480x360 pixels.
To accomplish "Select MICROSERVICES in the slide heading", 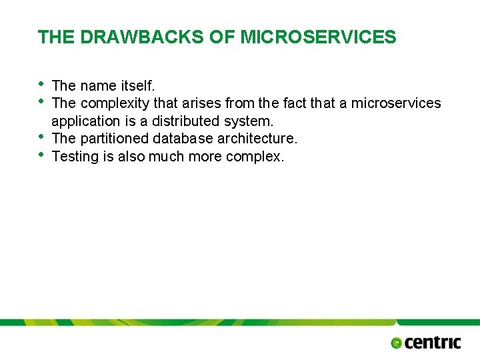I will (x=318, y=37).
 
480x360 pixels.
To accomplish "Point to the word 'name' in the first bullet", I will (x=99, y=85).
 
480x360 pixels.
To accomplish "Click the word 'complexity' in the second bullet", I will (x=115, y=103).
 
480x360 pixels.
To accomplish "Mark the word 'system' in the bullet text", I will (x=248, y=121).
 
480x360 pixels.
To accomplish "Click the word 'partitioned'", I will (x=115, y=138).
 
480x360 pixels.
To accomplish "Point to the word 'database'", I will (x=183, y=138).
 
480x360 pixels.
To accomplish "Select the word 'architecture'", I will (x=257, y=138).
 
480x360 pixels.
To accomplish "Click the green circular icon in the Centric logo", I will (x=397, y=343).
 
